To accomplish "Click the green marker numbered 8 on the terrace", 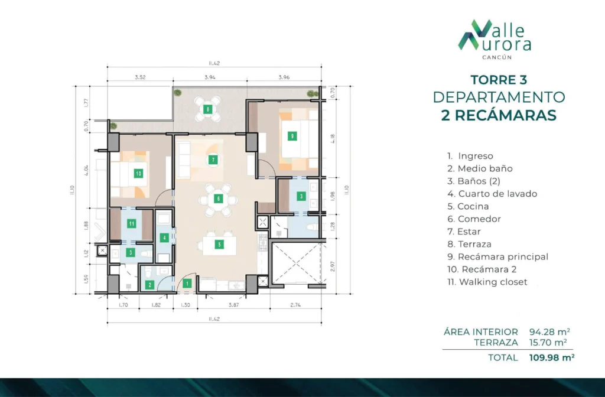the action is point(208,109).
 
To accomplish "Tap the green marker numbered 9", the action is point(292,136).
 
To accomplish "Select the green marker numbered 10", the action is point(138,174).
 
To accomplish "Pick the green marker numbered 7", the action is point(213,160).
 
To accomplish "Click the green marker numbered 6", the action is point(219,198).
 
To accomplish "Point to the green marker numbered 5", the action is point(219,244).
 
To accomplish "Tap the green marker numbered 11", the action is point(132,223).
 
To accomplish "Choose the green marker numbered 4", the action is point(164,237).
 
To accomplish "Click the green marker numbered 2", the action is point(149,285).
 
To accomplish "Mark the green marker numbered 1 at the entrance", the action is point(187,284).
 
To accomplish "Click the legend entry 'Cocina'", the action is point(468,206).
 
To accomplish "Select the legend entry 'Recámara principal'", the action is point(497,257).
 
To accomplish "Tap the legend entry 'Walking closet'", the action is point(487,282).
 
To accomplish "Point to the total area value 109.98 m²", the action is point(552,357).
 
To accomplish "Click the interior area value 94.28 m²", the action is point(550,332).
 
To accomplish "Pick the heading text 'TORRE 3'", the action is point(499,80).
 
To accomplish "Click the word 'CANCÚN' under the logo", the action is point(497,57).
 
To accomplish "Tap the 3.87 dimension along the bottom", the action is point(233,305).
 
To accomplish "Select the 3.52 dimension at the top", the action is point(140,77).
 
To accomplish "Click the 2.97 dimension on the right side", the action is point(333,266).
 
